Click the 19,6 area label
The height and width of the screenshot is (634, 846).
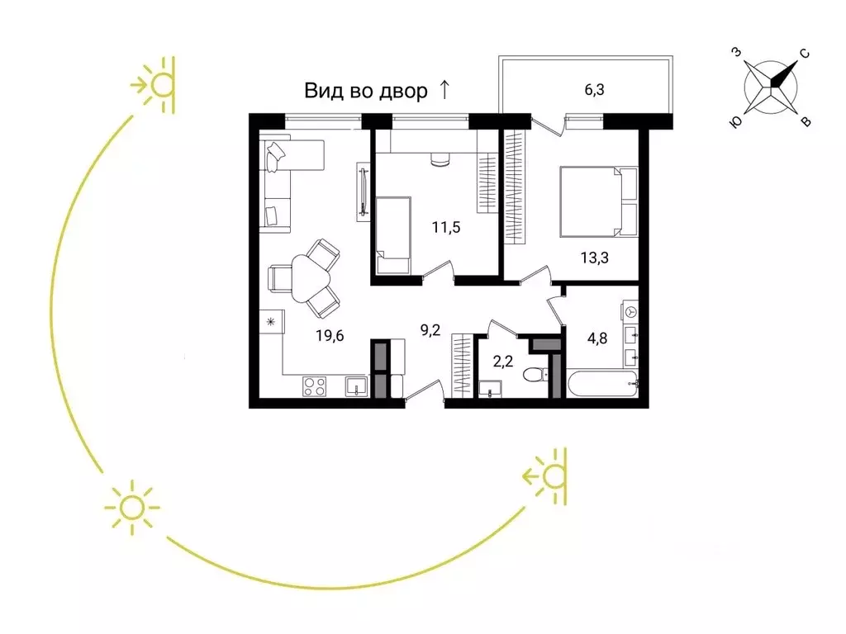click(330, 336)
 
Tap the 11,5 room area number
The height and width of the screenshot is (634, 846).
click(446, 228)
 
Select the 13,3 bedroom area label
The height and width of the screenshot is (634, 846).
click(595, 258)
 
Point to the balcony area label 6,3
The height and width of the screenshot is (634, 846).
click(594, 89)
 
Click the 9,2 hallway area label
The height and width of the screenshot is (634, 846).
click(430, 330)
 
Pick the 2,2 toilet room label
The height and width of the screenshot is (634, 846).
click(503, 362)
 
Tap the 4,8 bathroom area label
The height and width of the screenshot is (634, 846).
click(597, 338)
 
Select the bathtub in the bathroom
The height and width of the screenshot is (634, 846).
click(602, 383)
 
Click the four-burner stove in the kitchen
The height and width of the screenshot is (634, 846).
click(315, 386)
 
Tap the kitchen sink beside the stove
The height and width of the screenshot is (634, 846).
click(356, 386)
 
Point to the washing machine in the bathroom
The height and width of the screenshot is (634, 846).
click(630, 312)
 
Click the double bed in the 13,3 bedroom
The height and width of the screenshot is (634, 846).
click(599, 201)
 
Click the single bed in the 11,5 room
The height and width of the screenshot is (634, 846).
click(393, 235)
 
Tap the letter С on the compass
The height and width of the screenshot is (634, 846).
click(804, 54)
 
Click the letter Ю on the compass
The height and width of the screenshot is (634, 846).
click(735, 123)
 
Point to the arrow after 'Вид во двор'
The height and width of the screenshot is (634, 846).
click(444, 89)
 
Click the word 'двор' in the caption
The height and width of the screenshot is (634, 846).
click(403, 91)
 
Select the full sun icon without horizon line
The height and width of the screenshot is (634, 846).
click(132, 508)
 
